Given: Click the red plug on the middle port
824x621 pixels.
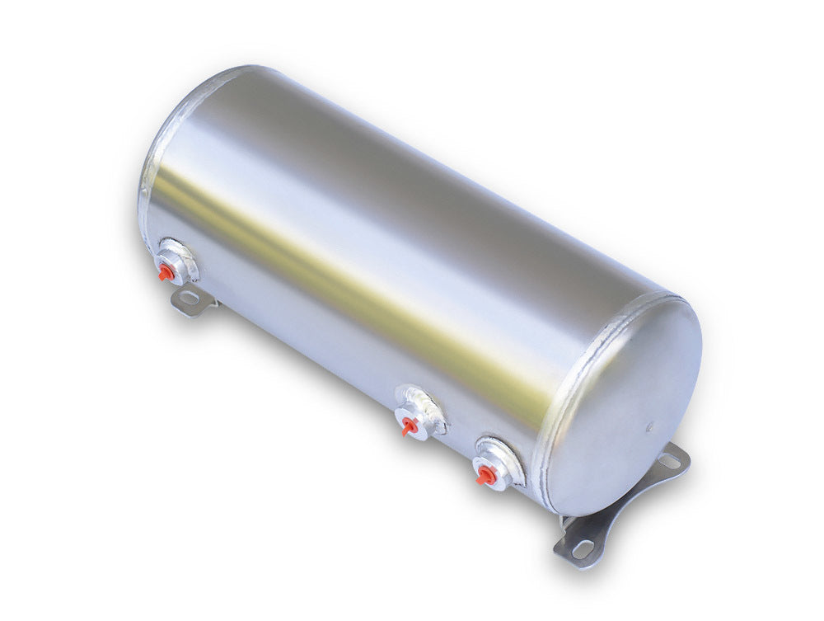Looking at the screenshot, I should tap(408, 426).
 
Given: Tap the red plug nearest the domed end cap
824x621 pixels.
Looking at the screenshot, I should tap(485, 475).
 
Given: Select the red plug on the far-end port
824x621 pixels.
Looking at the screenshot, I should tap(166, 271).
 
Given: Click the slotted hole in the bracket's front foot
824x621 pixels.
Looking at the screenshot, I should tap(582, 548).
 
